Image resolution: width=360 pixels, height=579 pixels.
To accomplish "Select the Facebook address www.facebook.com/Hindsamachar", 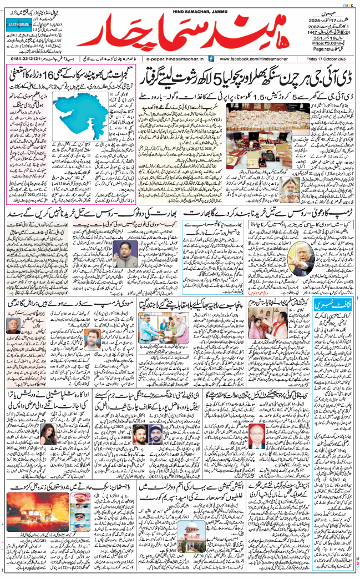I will click(253, 58).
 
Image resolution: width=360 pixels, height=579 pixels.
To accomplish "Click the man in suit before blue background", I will click(128, 248).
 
